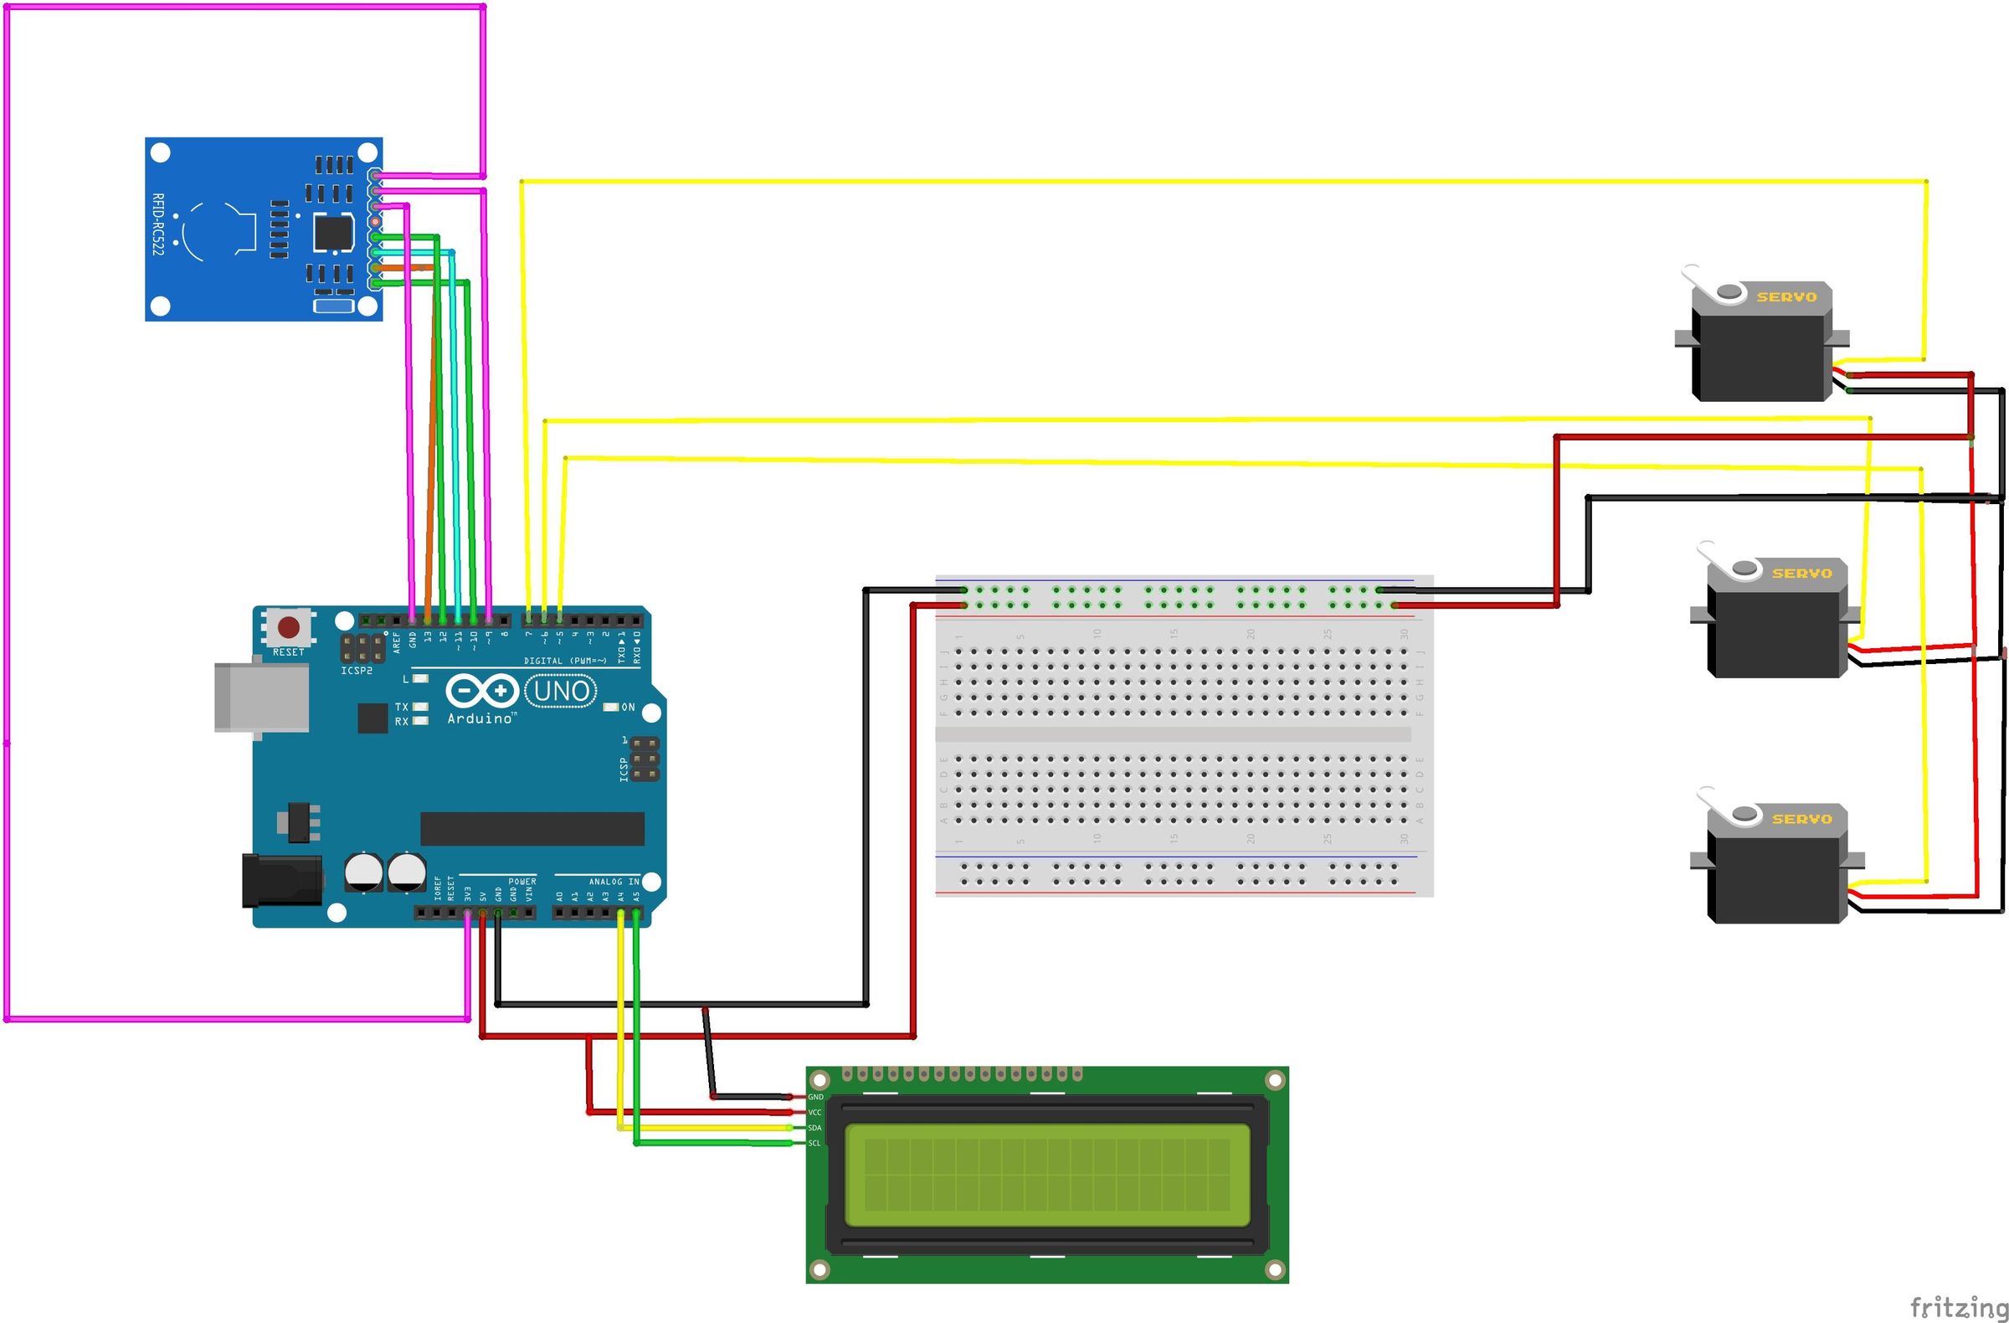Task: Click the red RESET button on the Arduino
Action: pyautogui.click(x=289, y=627)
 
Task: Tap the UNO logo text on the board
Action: pyautogui.click(x=562, y=692)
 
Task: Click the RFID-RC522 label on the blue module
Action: pyautogui.click(x=158, y=224)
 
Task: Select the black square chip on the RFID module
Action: pyautogui.click(x=333, y=233)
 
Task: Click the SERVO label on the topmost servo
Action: pyautogui.click(x=1786, y=297)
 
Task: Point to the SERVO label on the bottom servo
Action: pyautogui.click(x=1801, y=819)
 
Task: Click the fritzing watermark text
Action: pyautogui.click(x=1958, y=1307)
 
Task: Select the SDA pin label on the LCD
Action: pyautogui.click(x=814, y=1128)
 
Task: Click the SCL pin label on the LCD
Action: pyautogui.click(x=814, y=1143)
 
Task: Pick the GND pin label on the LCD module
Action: pyautogui.click(x=815, y=1097)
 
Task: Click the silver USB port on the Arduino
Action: pyautogui.click(x=261, y=698)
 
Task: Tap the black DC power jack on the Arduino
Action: pyautogui.click(x=281, y=881)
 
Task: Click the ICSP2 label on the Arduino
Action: pyautogui.click(x=357, y=671)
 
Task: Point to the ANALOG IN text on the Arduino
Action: pyautogui.click(x=614, y=882)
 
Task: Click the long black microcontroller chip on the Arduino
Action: pyautogui.click(x=532, y=829)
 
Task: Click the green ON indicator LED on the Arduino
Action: pyautogui.click(x=611, y=707)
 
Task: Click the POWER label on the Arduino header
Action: pyautogui.click(x=522, y=882)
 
